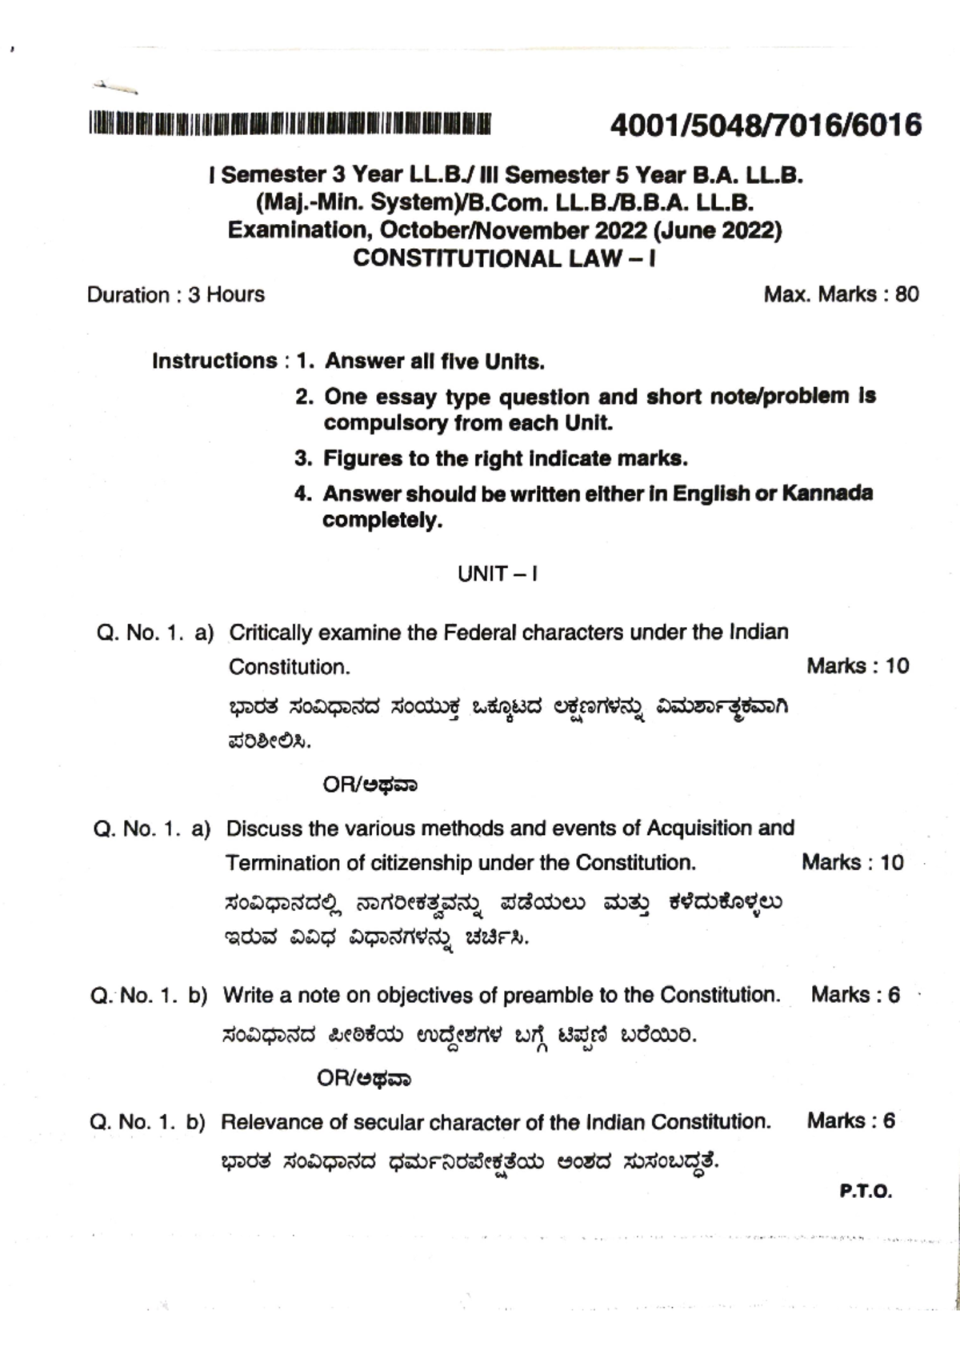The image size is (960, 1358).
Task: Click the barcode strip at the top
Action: pos(290,123)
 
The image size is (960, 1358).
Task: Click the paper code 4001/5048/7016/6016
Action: pos(766,126)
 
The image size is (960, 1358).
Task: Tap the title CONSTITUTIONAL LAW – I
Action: pos(504,258)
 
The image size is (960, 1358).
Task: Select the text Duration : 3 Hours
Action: pos(175,295)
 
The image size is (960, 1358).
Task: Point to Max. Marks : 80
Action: pos(841,294)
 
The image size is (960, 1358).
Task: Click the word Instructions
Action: pos(214,361)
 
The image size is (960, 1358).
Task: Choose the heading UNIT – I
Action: pos(497,574)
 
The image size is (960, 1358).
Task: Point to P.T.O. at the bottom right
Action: pos(866,1192)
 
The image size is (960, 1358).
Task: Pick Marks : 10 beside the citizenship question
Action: pos(852,863)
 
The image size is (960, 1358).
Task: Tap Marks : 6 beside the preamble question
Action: pos(854,996)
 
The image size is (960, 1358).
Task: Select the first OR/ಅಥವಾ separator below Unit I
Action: pos(370,785)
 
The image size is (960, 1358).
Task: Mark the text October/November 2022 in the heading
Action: pos(512,231)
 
